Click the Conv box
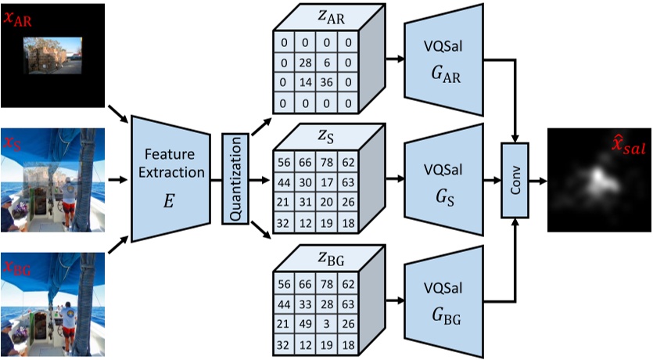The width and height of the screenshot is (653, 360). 515,179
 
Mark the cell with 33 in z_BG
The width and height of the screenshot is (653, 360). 307,305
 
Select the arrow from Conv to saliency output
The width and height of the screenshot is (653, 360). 537,179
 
